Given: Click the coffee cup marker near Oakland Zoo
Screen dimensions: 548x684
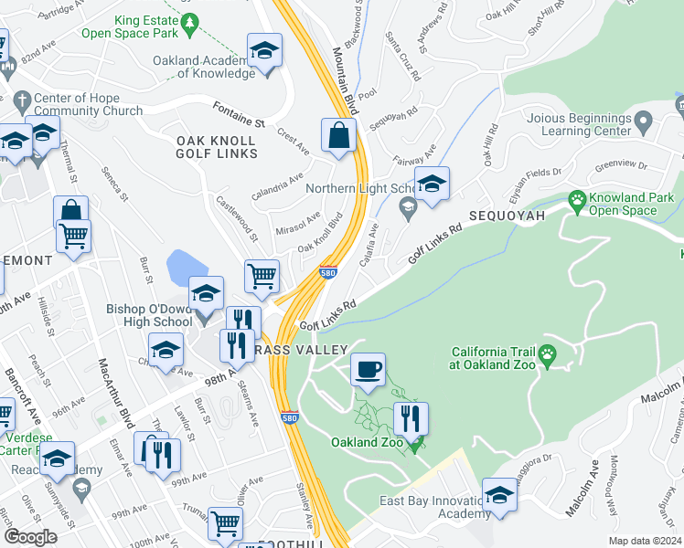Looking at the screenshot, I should coord(368,370).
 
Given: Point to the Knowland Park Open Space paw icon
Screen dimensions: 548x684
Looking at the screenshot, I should coord(577,198).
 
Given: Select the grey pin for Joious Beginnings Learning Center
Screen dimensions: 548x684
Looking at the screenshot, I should coord(643,121).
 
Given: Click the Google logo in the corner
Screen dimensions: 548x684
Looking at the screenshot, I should coord(30,536).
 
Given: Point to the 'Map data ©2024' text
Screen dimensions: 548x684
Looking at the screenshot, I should coord(645,541).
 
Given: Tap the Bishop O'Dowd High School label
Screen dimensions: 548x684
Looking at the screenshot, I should coord(149,315).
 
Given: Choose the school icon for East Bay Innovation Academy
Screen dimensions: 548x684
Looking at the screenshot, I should coord(499,496).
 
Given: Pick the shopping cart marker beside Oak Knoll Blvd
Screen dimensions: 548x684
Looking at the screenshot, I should coord(262,274).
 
